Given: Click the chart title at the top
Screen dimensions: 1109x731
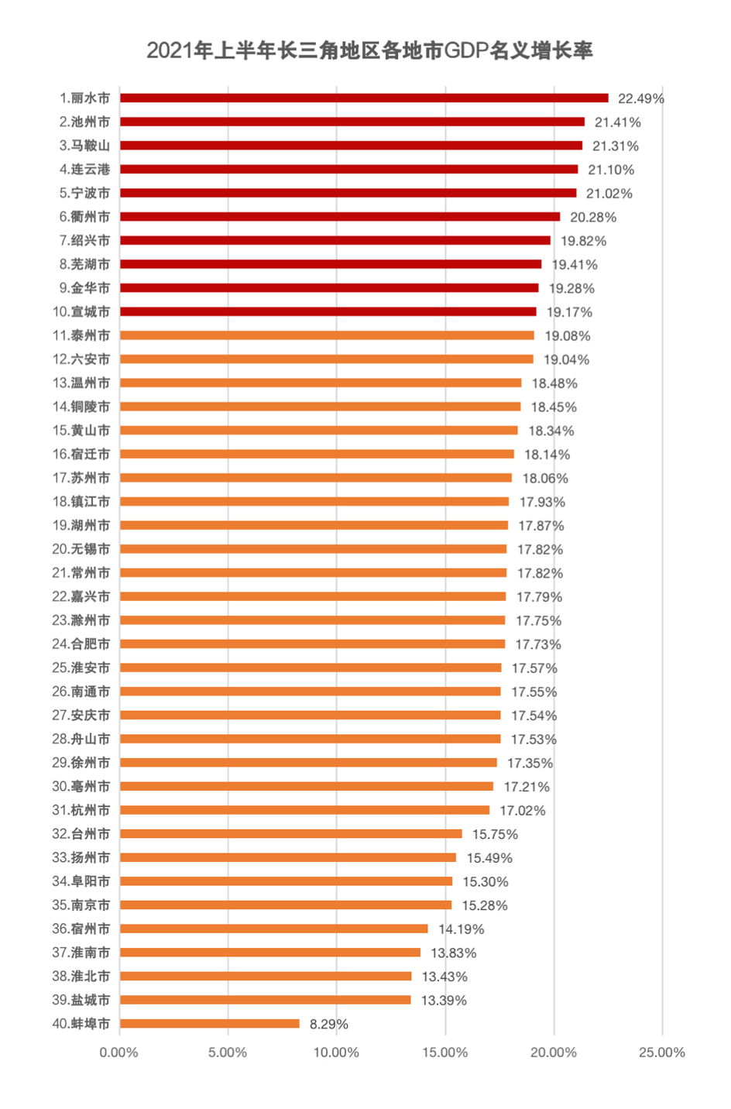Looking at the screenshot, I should [x=369, y=51].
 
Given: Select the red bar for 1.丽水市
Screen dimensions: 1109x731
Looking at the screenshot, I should [x=364, y=98].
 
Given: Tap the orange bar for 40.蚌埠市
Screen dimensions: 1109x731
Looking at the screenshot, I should [x=210, y=1024].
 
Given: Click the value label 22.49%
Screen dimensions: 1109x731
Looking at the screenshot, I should [x=640, y=98].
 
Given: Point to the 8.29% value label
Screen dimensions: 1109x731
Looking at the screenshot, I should [x=329, y=1024].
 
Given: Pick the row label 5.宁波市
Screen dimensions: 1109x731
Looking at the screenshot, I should [x=84, y=193].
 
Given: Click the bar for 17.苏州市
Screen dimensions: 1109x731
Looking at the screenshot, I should [x=316, y=478].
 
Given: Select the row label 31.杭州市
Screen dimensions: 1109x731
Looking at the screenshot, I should [x=81, y=810].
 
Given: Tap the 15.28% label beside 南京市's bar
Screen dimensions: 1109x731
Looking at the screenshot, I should [x=485, y=905].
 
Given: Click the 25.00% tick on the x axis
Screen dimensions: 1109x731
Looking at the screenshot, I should [x=662, y=1052].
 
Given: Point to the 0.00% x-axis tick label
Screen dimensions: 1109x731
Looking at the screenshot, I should [x=119, y=1052].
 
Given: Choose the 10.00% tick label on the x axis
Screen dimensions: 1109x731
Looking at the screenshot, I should [x=336, y=1052].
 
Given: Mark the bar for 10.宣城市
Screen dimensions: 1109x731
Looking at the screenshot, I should [x=328, y=311].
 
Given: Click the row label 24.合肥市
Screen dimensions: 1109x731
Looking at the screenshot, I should [x=81, y=644].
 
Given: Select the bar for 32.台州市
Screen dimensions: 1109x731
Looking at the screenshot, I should [x=291, y=834].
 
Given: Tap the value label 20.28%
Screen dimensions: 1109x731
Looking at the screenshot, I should [x=593, y=217].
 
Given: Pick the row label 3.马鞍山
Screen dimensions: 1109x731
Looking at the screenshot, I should [x=84, y=146].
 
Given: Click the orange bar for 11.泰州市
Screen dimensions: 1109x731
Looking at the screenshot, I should [x=327, y=335].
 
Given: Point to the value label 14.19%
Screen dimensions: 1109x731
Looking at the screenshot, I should [x=462, y=929].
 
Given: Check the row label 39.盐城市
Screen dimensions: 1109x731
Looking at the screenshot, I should [x=81, y=1000].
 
